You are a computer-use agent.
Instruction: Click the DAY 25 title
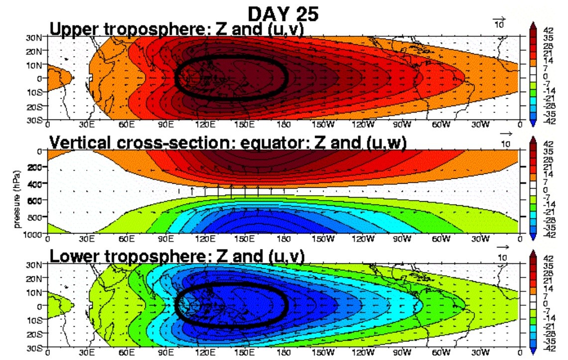(x=283, y=13)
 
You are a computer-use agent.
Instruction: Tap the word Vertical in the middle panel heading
(x=76, y=143)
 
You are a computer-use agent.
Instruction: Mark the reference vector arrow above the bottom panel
(x=503, y=247)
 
